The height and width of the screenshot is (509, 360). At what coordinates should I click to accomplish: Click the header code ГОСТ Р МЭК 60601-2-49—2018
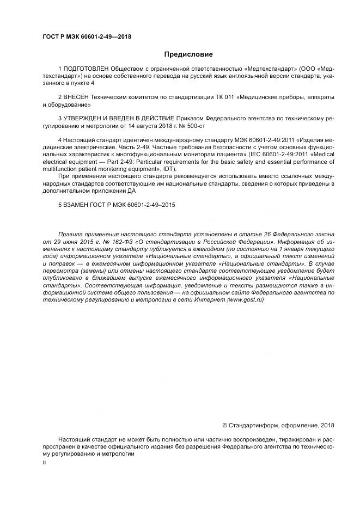[87, 37]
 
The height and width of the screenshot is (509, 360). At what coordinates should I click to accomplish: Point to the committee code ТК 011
[222, 97]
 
